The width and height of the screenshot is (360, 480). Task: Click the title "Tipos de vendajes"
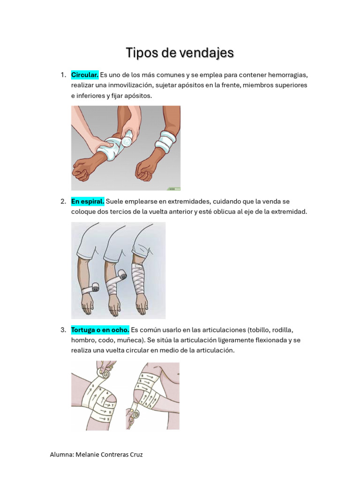tap(180, 53)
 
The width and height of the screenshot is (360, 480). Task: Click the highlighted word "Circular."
tap(84, 75)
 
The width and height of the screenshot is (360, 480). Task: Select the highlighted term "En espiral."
tap(88, 202)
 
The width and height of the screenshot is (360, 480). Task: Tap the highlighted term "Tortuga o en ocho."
tap(100, 330)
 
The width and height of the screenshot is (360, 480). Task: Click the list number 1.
tap(62, 75)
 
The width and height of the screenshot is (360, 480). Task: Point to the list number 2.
tap(62, 202)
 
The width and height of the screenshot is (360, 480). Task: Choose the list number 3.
tap(62, 330)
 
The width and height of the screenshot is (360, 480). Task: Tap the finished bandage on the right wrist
tap(166, 140)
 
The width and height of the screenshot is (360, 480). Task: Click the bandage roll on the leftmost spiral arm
tap(95, 286)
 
